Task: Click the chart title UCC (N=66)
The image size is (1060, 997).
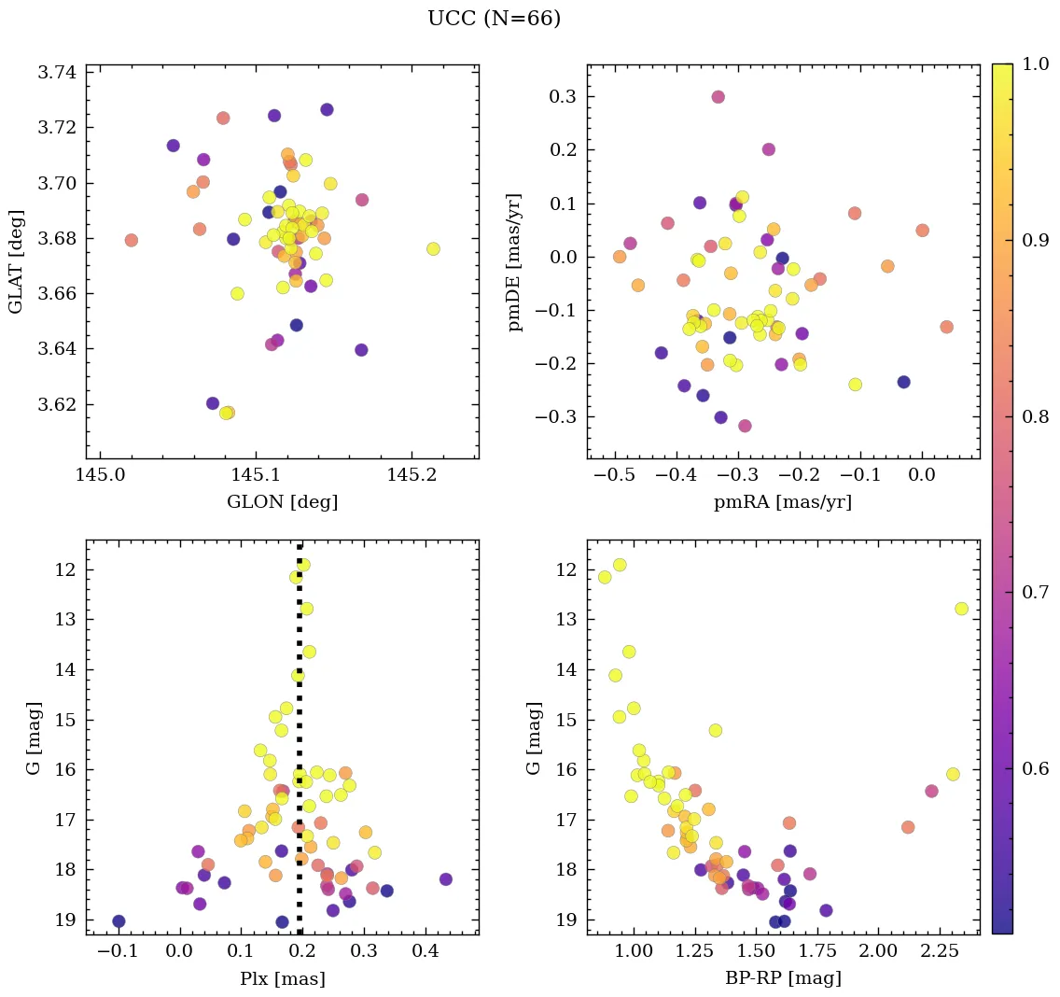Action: click(494, 19)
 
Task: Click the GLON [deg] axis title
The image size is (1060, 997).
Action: click(282, 502)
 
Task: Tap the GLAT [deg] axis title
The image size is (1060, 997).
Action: click(16, 261)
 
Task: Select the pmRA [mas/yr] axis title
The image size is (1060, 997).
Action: click(783, 502)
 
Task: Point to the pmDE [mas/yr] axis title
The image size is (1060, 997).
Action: click(516, 261)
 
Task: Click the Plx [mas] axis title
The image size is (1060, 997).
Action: click(282, 978)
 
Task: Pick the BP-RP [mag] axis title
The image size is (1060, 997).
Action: click(783, 978)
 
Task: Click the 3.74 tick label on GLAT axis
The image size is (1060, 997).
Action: click(57, 72)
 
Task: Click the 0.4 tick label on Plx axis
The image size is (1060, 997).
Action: click(425, 951)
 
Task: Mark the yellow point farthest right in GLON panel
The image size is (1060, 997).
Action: click(433, 249)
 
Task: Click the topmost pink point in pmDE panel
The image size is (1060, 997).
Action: click(718, 97)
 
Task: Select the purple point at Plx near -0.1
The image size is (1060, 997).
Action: click(119, 921)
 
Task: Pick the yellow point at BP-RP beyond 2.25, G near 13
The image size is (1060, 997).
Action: click(961, 609)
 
